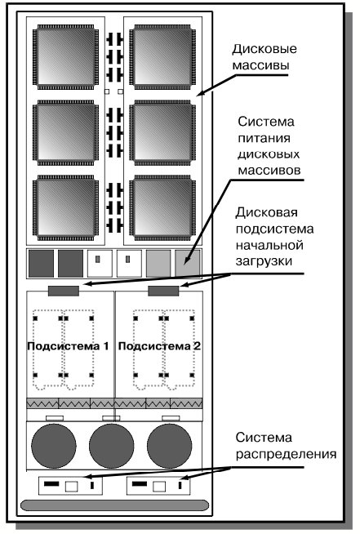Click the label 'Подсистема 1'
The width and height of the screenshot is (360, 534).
pyautogui.click(x=68, y=346)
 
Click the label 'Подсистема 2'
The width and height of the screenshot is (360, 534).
pyautogui.click(x=159, y=346)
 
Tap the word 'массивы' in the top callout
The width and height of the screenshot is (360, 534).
pyautogui.click(x=261, y=65)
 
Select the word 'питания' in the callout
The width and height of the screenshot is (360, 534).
pyautogui.click(x=264, y=138)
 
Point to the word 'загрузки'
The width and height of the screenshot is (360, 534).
pyautogui.click(x=264, y=261)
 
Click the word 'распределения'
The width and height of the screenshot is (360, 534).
pyautogui.click(x=286, y=454)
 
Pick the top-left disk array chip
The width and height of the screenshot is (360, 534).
pyautogui.click(x=65, y=57)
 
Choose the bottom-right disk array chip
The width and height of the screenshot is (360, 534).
pyautogui.click(x=162, y=207)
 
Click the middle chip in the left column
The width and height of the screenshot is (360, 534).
pyautogui.click(x=65, y=132)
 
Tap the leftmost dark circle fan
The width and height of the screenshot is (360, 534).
pyautogui.click(x=54, y=446)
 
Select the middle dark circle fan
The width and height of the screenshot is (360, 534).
pyautogui.click(x=112, y=446)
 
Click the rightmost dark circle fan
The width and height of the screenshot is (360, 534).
pyautogui.click(x=170, y=446)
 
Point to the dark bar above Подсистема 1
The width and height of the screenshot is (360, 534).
pyautogui.click(x=64, y=291)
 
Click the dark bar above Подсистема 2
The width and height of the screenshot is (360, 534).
pyautogui.click(x=163, y=291)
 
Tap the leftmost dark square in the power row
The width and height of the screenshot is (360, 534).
pyautogui.click(x=41, y=264)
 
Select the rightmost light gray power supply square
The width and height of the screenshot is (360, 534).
pyautogui.click(x=188, y=264)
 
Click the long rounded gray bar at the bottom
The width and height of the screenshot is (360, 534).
pyautogui.click(x=114, y=505)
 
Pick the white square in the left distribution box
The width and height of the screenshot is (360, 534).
pyautogui.click(x=72, y=487)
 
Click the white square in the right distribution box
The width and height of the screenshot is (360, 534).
pyautogui.click(x=159, y=487)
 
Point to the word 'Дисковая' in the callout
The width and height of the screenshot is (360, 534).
pyautogui.click(x=267, y=212)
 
